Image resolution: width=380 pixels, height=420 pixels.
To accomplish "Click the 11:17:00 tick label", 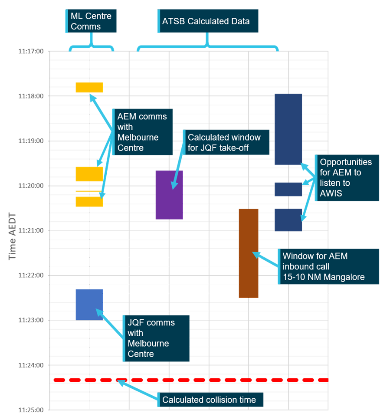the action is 31,51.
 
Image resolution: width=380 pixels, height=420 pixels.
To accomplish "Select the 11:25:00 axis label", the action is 31,410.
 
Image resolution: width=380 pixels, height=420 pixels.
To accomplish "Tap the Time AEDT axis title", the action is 12,236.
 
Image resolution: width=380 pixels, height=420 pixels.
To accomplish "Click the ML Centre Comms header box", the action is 91,21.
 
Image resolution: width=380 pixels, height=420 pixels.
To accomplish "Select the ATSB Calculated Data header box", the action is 208,21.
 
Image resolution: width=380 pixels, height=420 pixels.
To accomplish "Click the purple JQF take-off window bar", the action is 169,195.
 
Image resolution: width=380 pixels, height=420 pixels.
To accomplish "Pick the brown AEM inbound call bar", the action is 249,253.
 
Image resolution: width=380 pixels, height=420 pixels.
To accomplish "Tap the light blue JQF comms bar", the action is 89,305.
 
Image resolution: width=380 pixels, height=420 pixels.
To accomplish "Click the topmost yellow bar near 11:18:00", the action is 89,87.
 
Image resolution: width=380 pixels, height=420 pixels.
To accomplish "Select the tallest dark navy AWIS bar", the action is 288,129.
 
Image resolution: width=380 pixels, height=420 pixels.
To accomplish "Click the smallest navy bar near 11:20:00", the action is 288,189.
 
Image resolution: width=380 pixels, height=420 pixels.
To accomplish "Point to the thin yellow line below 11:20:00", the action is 89,191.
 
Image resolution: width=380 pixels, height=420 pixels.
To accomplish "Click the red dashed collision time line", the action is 191,380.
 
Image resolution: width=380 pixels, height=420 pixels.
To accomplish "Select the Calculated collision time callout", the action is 210,400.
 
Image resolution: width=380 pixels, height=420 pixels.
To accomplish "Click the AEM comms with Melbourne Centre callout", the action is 142,132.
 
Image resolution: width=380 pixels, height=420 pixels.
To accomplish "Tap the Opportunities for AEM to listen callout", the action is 347,177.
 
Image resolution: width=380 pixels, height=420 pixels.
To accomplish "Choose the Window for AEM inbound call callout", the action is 328,266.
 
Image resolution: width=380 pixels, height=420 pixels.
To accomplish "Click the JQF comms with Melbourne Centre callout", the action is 156,338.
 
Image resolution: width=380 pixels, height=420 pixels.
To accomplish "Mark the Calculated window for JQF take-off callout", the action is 226,142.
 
